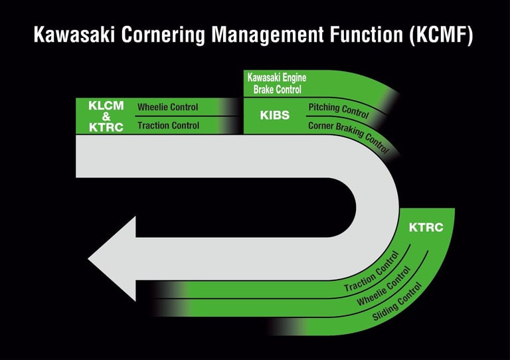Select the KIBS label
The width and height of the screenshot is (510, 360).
(x=274, y=116)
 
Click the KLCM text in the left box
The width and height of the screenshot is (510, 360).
(x=106, y=105)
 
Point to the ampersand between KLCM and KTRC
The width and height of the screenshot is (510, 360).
(x=106, y=116)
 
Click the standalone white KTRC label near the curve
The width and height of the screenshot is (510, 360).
(x=426, y=227)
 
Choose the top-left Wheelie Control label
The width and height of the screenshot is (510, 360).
(x=167, y=107)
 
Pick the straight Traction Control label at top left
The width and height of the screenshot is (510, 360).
(x=168, y=126)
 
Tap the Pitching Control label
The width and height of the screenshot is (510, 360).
(x=339, y=110)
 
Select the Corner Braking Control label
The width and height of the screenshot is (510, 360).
(x=348, y=136)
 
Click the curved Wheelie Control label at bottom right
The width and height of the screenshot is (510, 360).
(x=384, y=287)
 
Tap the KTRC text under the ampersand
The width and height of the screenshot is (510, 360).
(x=106, y=128)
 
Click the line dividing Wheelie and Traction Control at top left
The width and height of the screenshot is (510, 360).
(x=186, y=116)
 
